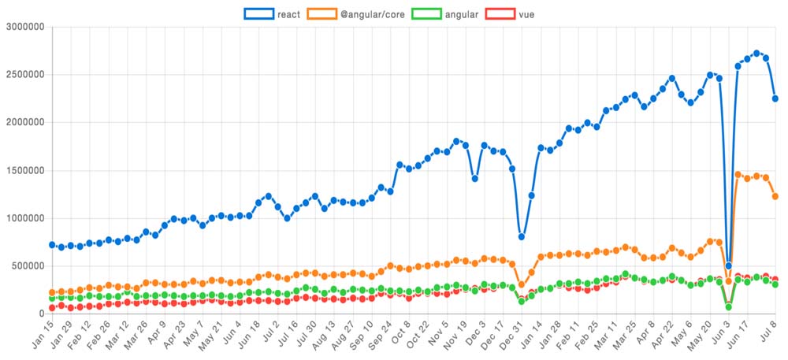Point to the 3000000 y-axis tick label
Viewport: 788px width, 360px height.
25,27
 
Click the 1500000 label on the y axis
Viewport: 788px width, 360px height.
25,170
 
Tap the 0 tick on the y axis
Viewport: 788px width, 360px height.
42,314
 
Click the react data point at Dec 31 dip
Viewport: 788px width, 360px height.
522,236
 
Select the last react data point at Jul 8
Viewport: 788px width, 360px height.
775,98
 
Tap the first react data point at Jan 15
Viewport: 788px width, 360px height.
52,245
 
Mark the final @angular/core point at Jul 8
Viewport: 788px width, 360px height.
775,196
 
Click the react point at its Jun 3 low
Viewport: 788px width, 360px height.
728,266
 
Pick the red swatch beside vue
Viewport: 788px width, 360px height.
501,13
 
